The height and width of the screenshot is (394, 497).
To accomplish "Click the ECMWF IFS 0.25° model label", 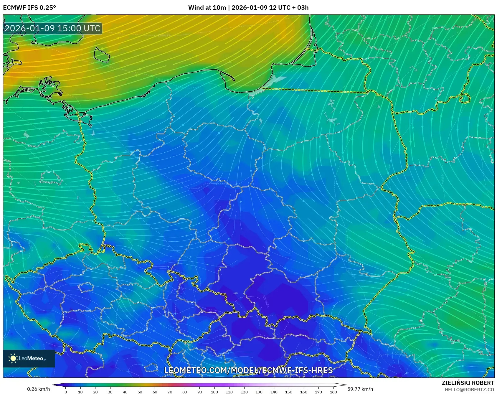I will (x=29, y=8).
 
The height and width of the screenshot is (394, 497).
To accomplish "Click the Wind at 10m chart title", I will (x=248, y=8).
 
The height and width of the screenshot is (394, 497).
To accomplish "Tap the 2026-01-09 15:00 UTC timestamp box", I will (x=53, y=28).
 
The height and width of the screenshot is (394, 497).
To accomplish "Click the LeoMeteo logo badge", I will (x=29, y=358).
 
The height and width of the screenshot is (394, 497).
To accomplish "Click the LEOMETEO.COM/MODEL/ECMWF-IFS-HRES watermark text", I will (x=248, y=370).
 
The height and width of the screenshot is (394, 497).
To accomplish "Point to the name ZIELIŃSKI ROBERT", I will (x=468, y=383).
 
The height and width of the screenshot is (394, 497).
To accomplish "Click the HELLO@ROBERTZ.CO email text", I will (x=469, y=390).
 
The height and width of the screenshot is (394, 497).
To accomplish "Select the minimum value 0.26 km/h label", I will (x=38, y=389).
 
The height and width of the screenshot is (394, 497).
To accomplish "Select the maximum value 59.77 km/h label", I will (x=360, y=389).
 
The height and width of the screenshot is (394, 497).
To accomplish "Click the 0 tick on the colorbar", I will (x=65, y=392).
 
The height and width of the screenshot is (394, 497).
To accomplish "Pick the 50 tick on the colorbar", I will (x=140, y=392).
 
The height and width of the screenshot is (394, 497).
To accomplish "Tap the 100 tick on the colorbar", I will (x=214, y=392).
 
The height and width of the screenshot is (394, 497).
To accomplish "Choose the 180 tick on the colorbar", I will (x=333, y=392).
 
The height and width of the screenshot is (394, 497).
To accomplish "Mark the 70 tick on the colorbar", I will (x=170, y=392).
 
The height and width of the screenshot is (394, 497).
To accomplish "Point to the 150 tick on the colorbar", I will (x=289, y=392).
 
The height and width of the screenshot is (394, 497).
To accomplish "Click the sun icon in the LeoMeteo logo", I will (x=13, y=358).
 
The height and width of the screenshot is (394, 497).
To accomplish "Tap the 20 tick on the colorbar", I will (x=95, y=392).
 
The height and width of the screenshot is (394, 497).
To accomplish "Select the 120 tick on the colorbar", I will (x=244, y=392).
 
